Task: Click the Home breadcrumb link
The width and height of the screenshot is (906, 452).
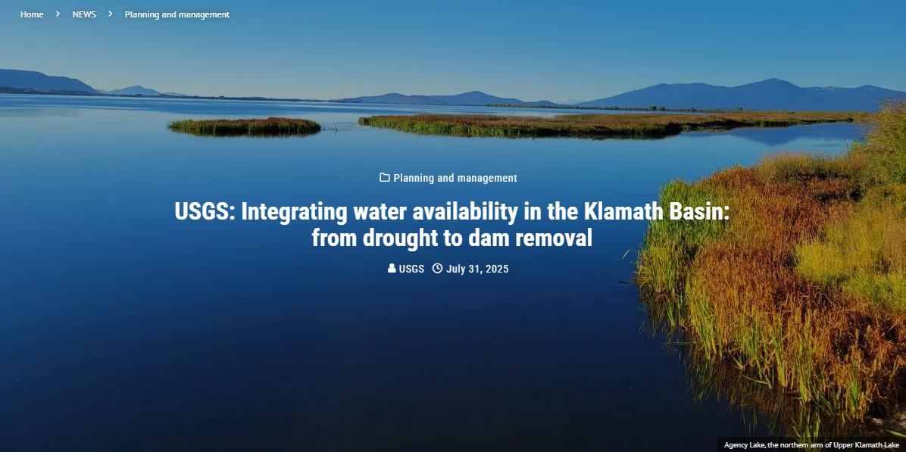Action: pyautogui.click(x=32, y=14)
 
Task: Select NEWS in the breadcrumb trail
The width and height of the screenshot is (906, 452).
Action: pyautogui.click(x=84, y=14)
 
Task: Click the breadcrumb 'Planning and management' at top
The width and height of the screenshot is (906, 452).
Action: pyautogui.click(x=177, y=14)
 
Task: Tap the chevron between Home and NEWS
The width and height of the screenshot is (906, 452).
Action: pyautogui.click(x=58, y=14)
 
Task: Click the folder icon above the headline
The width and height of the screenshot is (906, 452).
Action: pyautogui.click(x=384, y=177)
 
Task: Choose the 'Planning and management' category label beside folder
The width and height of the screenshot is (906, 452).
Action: pyautogui.click(x=455, y=178)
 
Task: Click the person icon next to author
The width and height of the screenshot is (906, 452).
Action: pyautogui.click(x=392, y=268)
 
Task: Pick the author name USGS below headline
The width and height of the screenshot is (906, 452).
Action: pyautogui.click(x=411, y=269)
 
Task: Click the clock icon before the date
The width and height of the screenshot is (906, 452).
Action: pyautogui.click(x=437, y=268)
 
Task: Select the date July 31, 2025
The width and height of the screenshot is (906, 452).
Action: pyautogui.click(x=477, y=269)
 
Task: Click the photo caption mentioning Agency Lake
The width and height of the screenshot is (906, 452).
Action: pyautogui.click(x=811, y=445)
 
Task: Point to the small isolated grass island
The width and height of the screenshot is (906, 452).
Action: pyautogui.click(x=245, y=126)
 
